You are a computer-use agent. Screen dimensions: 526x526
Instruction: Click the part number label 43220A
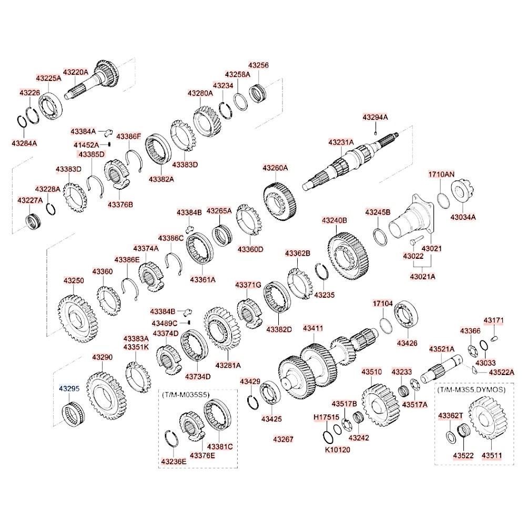(76, 72)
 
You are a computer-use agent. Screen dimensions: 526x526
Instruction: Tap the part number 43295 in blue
(68, 389)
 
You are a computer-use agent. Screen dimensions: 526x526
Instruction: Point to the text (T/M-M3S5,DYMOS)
(471, 390)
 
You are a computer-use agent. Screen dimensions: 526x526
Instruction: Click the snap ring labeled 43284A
(23, 120)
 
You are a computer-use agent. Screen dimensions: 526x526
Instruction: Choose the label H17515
(324, 417)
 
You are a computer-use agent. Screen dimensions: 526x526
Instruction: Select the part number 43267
(282, 438)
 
